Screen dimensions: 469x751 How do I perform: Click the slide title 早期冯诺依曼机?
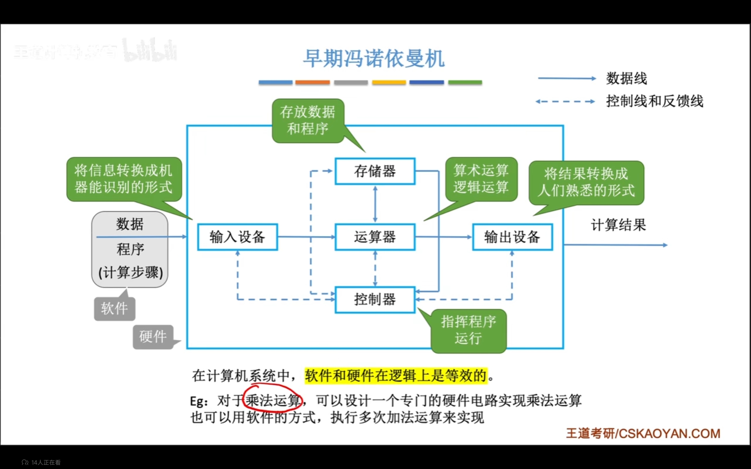pyautogui.click(x=374, y=59)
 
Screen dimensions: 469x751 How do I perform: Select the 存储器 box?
pyautogui.click(x=375, y=171)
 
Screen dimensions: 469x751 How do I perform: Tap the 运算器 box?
pyautogui.click(x=375, y=237)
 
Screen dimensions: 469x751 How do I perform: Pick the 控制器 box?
pyautogui.click(x=375, y=300)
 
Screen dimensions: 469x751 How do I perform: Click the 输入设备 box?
pyautogui.click(x=237, y=237)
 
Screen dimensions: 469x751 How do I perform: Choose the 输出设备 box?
pyautogui.click(x=512, y=237)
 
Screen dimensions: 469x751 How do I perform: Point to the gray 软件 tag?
pyautogui.click(x=114, y=309)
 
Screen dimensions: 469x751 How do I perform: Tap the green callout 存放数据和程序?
pyautogui.click(x=308, y=121)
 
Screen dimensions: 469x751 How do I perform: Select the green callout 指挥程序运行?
pyautogui.click(x=468, y=330)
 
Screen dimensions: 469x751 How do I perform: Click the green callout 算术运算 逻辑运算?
pyautogui.click(x=481, y=179)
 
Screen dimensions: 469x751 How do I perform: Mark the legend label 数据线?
pyautogui.click(x=627, y=79)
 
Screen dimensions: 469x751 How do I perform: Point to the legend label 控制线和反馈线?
pyautogui.click(x=654, y=101)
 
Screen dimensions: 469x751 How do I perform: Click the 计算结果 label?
pyautogui.click(x=618, y=225)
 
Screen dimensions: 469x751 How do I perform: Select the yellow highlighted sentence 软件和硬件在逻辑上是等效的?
pyautogui.click(x=396, y=375)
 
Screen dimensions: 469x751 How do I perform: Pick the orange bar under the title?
pyautogui.click(x=312, y=82)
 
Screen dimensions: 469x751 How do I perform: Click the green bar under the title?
pyautogui.click(x=465, y=82)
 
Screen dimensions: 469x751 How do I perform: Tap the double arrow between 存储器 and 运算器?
pyautogui.click(x=375, y=204)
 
